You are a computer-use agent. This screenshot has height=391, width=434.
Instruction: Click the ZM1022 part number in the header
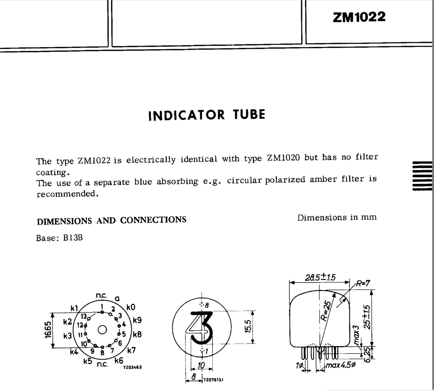359,17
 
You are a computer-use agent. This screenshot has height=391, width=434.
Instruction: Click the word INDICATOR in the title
187,116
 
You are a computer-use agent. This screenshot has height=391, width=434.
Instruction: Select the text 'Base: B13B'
59,238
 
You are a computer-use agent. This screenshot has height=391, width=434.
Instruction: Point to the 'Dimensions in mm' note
337,218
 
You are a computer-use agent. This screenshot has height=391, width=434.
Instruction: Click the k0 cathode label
131,307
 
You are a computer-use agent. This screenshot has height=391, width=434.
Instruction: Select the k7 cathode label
131,350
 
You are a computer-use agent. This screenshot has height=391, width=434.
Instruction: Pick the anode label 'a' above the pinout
117,299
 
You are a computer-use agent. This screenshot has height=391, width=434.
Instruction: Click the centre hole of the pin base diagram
102,330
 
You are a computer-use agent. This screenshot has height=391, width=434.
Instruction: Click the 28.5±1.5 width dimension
320,277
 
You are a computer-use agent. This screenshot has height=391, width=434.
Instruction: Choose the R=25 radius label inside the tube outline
327,311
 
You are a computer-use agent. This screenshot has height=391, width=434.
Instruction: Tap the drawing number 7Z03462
132,367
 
